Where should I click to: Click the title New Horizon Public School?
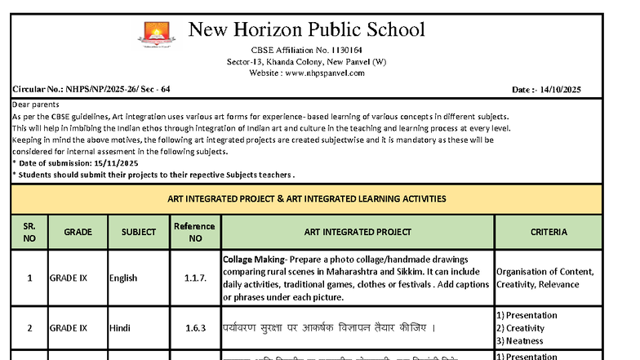306,30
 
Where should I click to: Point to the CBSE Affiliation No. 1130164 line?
306,51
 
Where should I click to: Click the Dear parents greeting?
36,104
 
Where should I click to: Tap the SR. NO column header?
29,232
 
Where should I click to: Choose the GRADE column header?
78,232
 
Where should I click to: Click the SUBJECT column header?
138,232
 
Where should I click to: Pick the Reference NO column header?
194,232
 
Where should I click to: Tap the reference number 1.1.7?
195,278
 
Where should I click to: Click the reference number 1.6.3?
195,328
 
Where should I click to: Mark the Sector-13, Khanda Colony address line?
306,62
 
